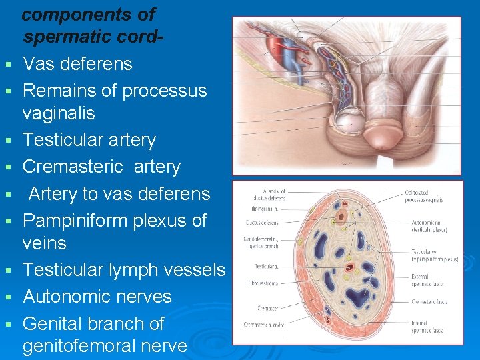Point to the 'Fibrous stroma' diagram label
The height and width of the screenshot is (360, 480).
[x=261, y=283]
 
